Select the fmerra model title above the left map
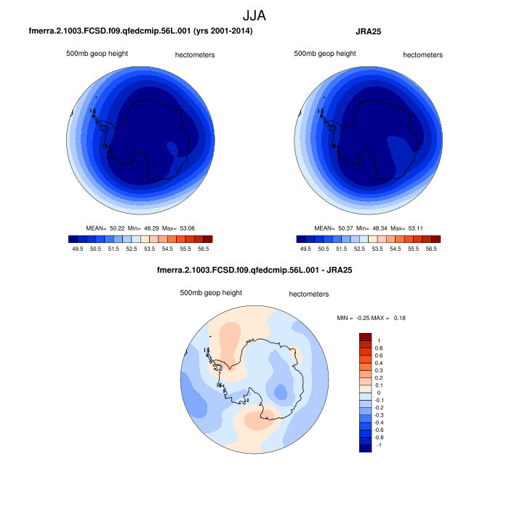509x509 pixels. (x=140, y=32)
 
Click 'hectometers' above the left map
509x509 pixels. (x=195, y=55)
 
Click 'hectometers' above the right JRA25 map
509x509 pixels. (x=422, y=55)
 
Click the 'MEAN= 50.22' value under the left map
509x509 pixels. (x=106, y=228)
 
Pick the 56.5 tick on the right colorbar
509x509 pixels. (x=430, y=248)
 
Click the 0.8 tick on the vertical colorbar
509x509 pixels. (x=379, y=348)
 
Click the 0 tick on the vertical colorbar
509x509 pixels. (x=378, y=393)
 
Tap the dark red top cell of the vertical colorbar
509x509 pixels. (x=366, y=337)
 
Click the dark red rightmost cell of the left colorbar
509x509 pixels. (x=208, y=239)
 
